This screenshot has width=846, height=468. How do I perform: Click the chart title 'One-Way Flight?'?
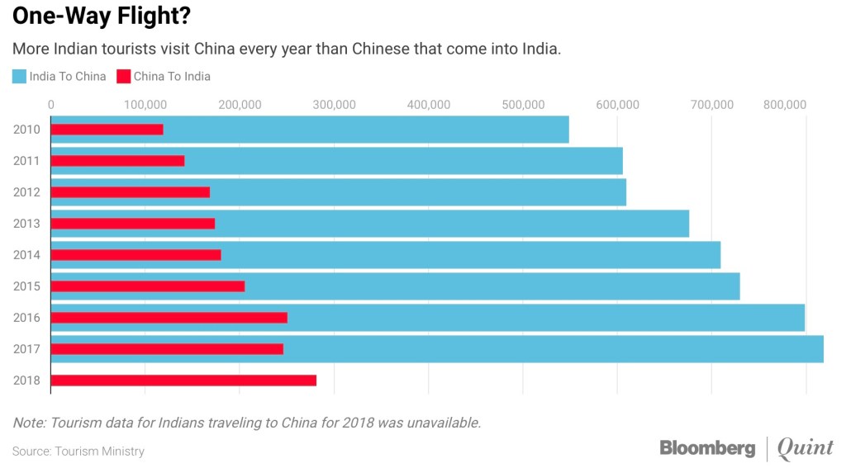93,16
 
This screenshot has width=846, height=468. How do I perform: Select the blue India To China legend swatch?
20,77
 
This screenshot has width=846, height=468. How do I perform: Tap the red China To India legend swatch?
124,77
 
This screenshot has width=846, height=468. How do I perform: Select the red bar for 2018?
183,381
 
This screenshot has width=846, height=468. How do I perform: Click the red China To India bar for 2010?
107,130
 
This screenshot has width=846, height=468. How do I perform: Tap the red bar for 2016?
169,318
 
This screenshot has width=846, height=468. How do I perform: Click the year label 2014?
26,255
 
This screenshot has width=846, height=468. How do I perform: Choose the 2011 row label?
26,161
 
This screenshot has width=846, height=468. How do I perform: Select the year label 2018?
26,381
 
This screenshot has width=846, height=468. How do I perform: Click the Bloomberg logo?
707,448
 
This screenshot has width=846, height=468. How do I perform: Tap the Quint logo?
806,448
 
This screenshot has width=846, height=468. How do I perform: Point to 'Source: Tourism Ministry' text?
78,451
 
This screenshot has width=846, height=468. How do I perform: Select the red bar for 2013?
133,224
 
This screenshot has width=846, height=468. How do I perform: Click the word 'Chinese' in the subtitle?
379,49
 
